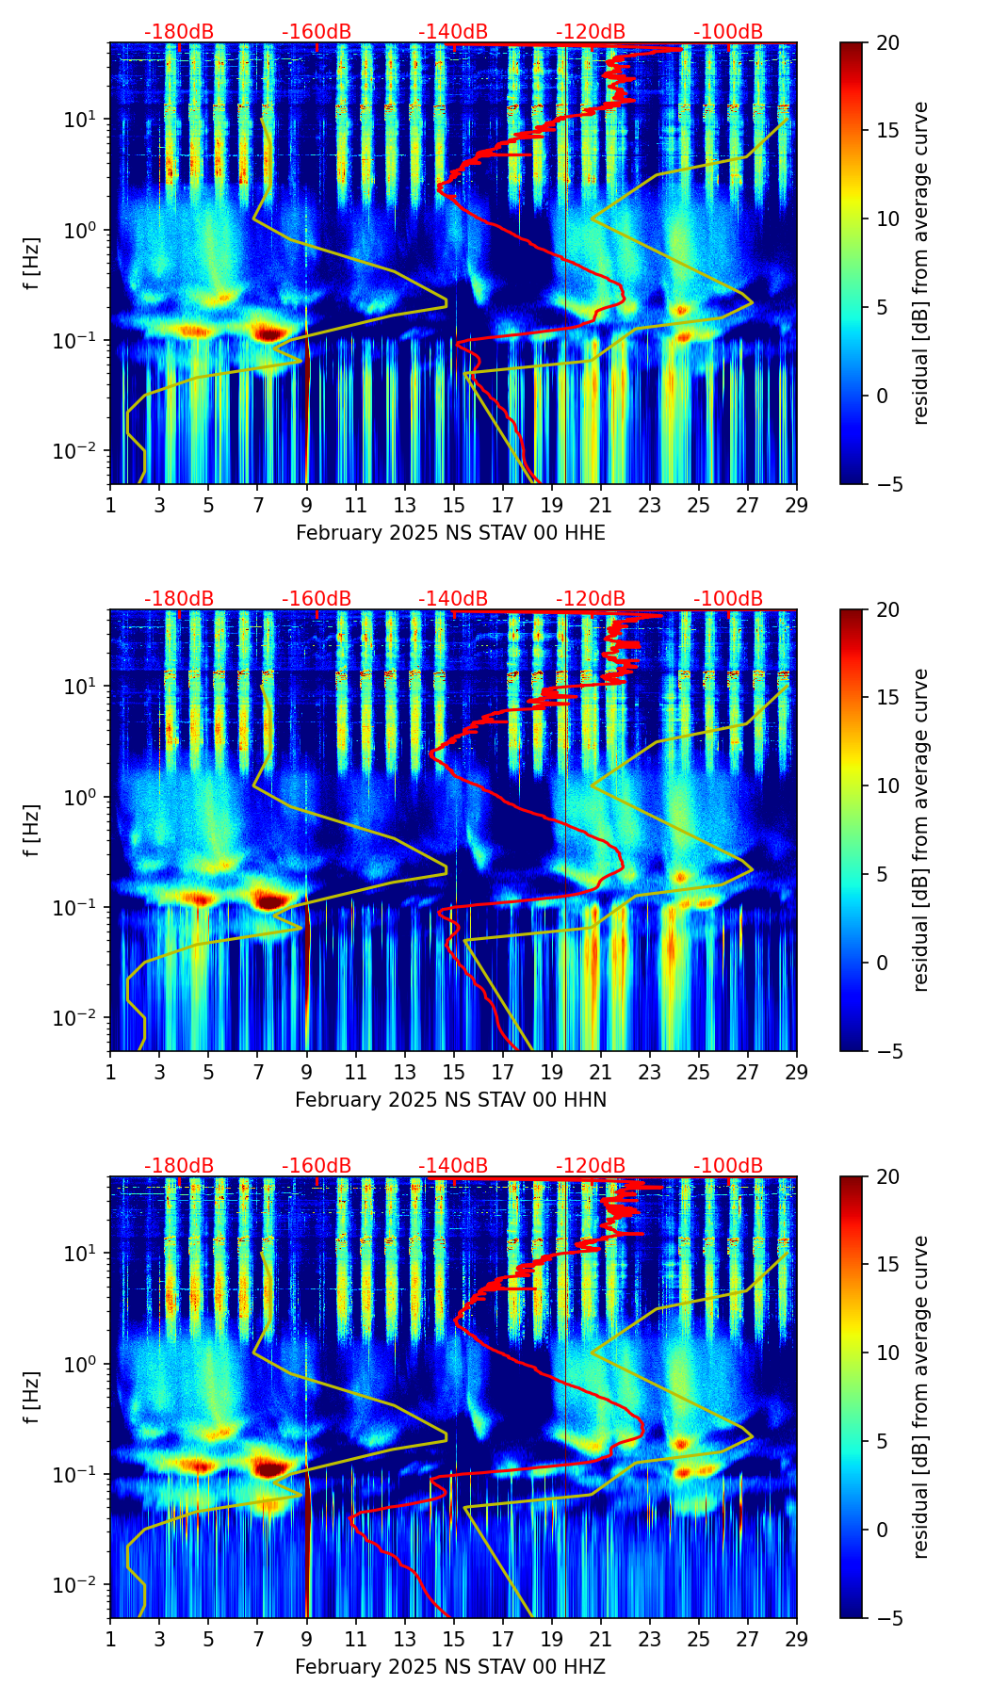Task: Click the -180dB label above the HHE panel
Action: click(x=179, y=32)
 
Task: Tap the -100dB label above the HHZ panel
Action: click(x=728, y=1166)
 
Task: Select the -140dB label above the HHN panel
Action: click(x=453, y=599)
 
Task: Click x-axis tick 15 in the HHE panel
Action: click(x=453, y=505)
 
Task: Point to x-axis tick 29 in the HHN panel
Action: click(x=796, y=1072)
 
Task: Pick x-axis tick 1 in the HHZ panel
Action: click(x=110, y=1639)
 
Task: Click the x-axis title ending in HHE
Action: click(x=450, y=533)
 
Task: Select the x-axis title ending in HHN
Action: click(x=450, y=1100)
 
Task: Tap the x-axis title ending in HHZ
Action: click(x=450, y=1667)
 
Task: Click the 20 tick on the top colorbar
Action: click(x=887, y=43)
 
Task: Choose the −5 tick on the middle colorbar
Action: click(x=887, y=1051)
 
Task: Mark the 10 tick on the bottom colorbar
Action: click(x=887, y=1353)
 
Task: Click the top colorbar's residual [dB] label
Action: click(x=920, y=263)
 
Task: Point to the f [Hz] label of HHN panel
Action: click(x=32, y=830)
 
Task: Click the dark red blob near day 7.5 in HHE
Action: click(x=271, y=332)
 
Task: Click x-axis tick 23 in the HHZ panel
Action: click(x=649, y=1639)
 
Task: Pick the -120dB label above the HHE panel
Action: click(x=591, y=32)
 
